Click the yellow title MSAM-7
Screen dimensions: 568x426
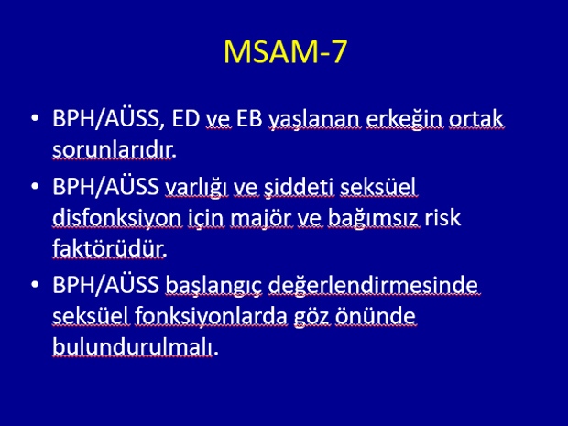[286, 52]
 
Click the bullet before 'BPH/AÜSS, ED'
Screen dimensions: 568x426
[35, 118]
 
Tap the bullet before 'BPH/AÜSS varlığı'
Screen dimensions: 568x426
[35, 186]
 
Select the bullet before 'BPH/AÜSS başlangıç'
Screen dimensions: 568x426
[35, 284]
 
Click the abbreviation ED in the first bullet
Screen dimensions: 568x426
[185, 118]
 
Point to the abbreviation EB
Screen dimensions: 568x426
[249, 118]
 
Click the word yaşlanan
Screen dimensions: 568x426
[314, 120]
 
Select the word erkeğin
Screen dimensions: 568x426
[404, 120]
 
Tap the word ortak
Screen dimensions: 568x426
[476, 118]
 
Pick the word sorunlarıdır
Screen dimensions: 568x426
[112, 150]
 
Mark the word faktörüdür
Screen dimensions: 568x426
[108, 248]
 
